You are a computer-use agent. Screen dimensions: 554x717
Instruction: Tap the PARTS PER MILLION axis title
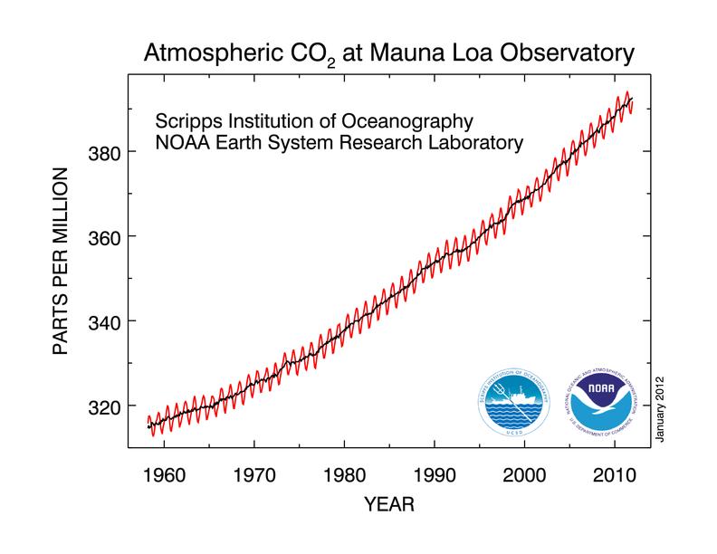62,262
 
